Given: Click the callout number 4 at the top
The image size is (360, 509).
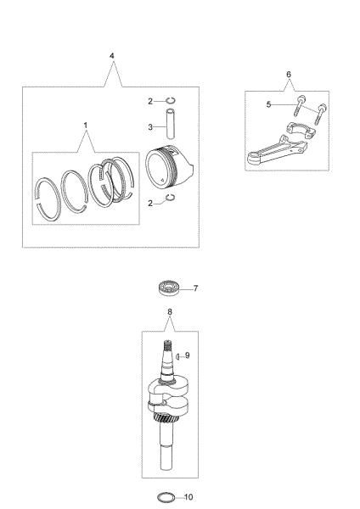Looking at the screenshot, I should pyautogui.click(x=112, y=55).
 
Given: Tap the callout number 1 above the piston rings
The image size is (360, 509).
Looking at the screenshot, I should pyautogui.click(x=86, y=125).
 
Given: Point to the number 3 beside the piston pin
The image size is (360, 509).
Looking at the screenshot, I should pyautogui.click(x=149, y=126).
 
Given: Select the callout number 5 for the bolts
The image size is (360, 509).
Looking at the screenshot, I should pyautogui.click(x=268, y=104).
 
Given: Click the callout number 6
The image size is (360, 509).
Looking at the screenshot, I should pyautogui.click(x=289, y=75).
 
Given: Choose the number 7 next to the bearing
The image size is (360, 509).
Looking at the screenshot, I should pyautogui.click(x=195, y=288).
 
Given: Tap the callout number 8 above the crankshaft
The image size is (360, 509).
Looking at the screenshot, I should pyautogui.click(x=170, y=312).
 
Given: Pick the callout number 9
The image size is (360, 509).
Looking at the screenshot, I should pyautogui.click(x=187, y=355).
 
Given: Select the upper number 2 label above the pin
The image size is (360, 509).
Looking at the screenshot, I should pyautogui.click(x=149, y=101).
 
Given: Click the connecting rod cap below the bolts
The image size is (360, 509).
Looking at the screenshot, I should pyautogui.click(x=296, y=130).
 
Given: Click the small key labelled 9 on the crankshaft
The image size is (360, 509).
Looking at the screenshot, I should pyautogui.click(x=178, y=357).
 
